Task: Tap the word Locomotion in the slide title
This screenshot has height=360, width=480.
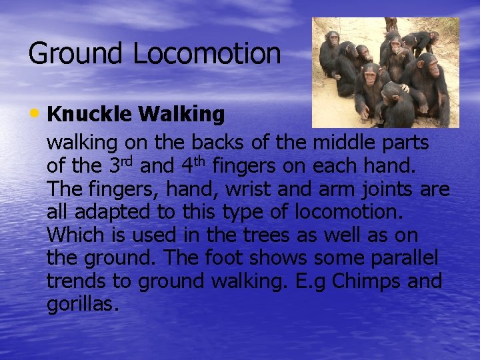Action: tap(207, 54)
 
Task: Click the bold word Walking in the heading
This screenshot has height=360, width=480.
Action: tap(181, 115)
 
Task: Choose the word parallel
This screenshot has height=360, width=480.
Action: tap(413, 259)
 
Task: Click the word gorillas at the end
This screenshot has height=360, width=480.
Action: tap(83, 305)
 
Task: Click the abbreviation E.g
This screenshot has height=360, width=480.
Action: tap(311, 281)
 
